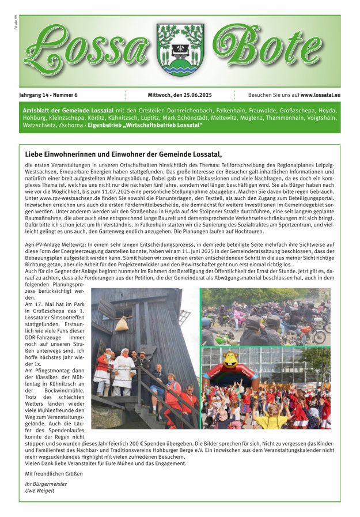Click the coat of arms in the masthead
(180, 50)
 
